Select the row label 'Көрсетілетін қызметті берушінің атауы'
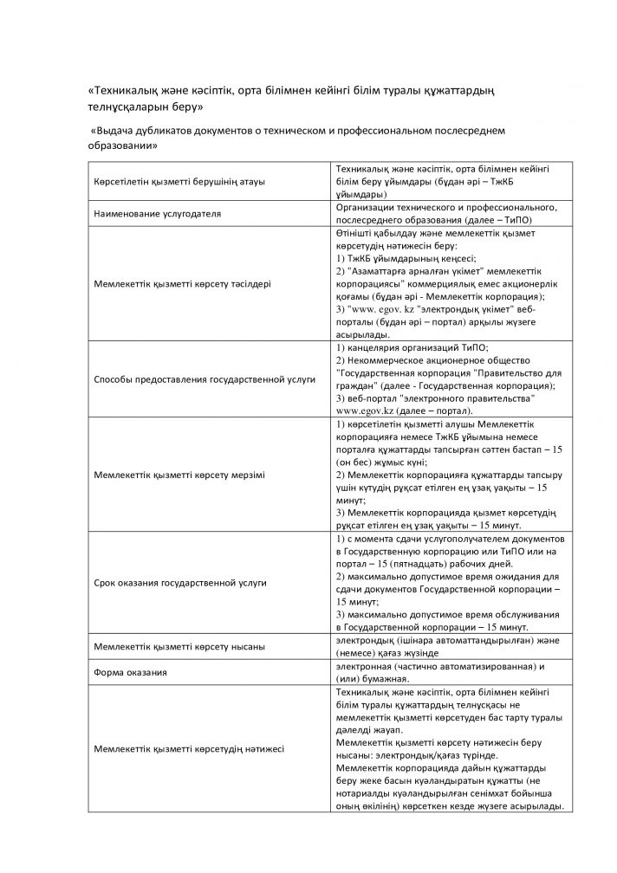(x=179, y=182)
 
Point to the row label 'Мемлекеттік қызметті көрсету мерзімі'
(x=179, y=476)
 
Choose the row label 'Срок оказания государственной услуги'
(x=179, y=583)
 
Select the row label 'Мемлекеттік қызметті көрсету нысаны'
(x=179, y=646)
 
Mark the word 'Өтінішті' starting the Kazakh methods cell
(x=356, y=234)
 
